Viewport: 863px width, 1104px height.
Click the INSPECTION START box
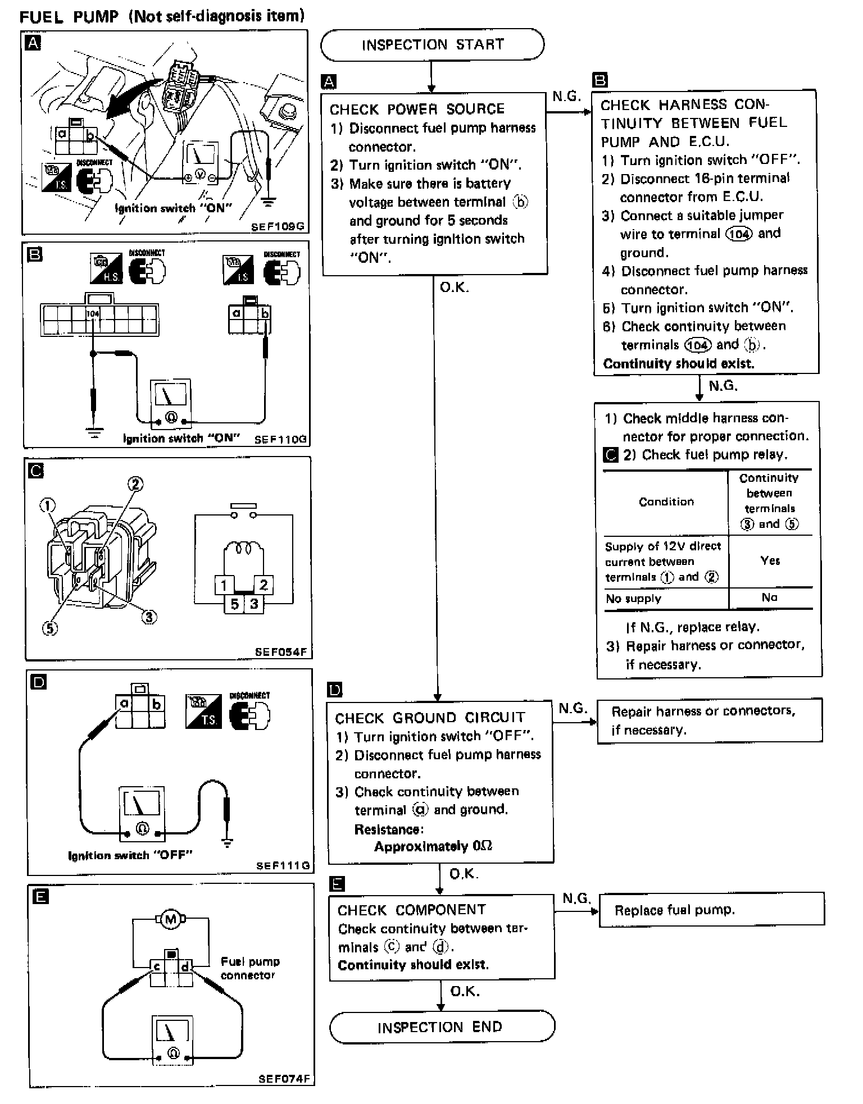[432, 45]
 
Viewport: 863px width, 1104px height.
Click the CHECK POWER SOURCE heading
[417, 109]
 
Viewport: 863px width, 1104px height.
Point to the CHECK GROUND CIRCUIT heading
[430, 718]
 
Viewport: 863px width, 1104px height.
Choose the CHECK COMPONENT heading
[412, 910]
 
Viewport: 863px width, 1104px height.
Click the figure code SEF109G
[278, 227]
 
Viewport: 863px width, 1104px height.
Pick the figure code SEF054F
[281, 652]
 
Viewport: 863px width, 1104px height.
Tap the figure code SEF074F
[284, 1079]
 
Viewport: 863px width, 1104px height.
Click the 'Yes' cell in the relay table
[770, 560]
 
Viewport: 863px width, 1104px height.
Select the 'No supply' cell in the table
[633, 599]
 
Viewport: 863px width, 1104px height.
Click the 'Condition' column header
[666, 501]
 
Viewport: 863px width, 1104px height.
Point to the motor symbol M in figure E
[170, 920]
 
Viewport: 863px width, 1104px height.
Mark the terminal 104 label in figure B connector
[93, 313]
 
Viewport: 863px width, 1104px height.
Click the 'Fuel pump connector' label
[249, 969]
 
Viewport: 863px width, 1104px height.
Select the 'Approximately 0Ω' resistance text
[433, 846]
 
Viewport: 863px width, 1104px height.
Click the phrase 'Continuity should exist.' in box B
[679, 363]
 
